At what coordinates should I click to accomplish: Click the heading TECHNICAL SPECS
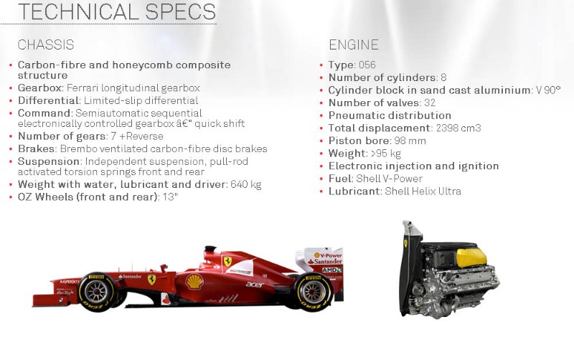tap(116, 11)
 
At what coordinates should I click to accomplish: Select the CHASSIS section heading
tap(46, 44)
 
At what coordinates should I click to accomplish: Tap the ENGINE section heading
tap(354, 44)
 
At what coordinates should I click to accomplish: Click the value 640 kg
tap(246, 184)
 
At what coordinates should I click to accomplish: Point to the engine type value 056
tap(367, 65)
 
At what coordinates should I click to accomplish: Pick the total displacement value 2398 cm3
tap(458, 128)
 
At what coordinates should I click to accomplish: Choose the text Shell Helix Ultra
tap(423, 191)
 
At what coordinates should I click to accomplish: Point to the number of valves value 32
tap(429, 103)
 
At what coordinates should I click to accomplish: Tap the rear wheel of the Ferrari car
tap(313, 291)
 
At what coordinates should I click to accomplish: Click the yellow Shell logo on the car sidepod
tap(194, 282)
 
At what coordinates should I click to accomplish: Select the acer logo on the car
tap(255, 284)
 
